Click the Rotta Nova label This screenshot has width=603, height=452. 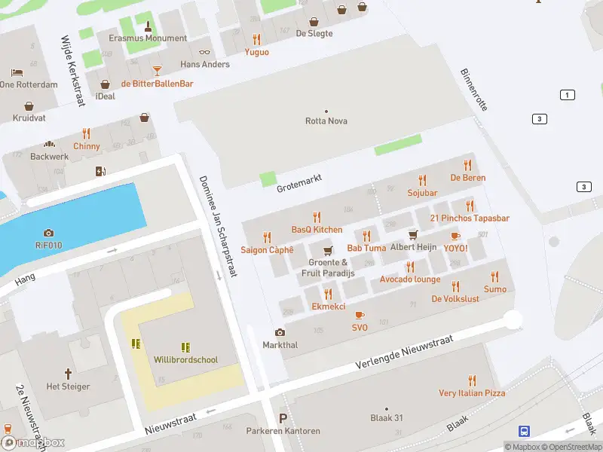(x=326, y=121)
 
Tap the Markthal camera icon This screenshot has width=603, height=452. (x=280, y=332)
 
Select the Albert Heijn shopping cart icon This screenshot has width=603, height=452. (x=413, y=235)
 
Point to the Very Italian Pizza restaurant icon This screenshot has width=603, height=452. (x=472, y=380)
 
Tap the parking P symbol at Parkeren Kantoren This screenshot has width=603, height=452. (x=283, y=419)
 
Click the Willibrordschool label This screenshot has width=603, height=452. (x=186, y=360)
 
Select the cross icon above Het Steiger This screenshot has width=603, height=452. (x=68, y=374)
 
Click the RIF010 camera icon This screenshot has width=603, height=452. (x=49, y=233)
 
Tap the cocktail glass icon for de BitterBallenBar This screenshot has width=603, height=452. (x=157, y=70)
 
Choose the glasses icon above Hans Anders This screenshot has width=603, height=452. (x=205, y=52)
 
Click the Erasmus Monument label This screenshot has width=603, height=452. (x=148, y=38)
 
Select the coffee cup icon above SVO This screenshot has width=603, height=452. (x=360, y=315)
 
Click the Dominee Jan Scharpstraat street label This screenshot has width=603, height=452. (x=218, y=226)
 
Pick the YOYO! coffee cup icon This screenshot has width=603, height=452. (x=455, y=236)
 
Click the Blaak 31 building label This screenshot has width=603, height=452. (x=387, y=418)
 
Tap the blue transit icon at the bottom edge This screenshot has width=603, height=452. (x=524, y=432)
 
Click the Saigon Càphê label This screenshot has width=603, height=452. (x=267, y=250)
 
